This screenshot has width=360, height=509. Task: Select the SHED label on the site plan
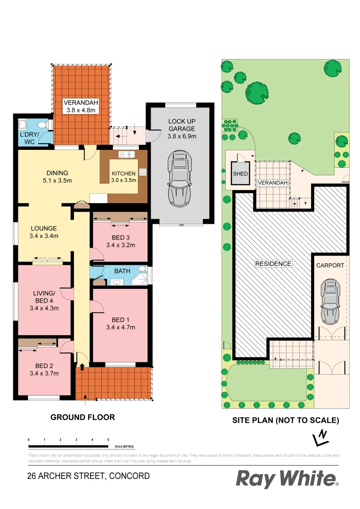[x=240, y=174]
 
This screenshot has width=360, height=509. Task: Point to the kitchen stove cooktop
[x=142, y=173]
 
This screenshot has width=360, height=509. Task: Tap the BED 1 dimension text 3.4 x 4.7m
[x=121, y=328]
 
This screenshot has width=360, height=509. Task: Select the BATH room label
[x=123, y=271]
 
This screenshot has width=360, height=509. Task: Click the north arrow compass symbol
[x=321, y=437]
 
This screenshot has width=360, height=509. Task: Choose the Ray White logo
[x=286, y=479]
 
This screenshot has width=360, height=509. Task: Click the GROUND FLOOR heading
[x=82, y=417]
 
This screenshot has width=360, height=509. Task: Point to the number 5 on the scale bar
[x=108, y=439]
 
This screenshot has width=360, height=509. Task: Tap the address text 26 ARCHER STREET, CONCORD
[x=89, y=476]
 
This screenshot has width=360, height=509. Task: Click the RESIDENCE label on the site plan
[x=273, y=264]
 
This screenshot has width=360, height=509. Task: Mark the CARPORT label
[x=330, y=265]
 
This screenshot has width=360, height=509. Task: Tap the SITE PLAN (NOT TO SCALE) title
[x=286, y=420]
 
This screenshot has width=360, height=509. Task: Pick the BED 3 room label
[x=121, y=238]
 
